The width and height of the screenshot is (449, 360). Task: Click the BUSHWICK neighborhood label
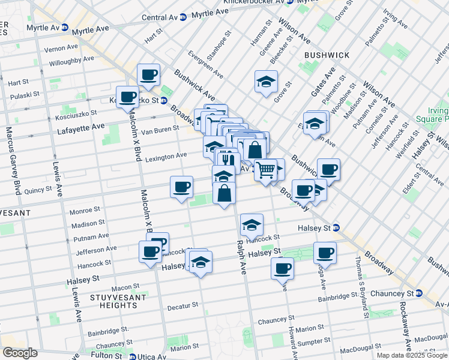click(327, 55)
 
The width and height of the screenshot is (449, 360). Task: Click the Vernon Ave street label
click(61, 47)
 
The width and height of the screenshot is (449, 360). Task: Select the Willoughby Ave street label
click(71, 59)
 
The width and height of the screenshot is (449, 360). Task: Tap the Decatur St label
click(182, 306)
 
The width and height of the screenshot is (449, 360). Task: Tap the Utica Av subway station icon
click(134, 356)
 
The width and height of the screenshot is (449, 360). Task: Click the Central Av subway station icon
click(182, 17)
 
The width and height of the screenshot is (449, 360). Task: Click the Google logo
click(20, 353)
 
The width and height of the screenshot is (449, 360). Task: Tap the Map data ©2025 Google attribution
click(412, 355)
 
